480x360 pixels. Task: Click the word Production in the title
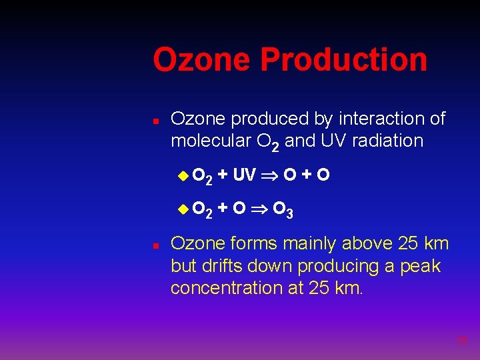tap(343, 59)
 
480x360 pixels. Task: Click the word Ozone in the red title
tap(202, 59)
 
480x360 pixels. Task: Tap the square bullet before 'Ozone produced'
tap(155, 122)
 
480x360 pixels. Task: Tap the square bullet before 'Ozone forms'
tap(155, 247)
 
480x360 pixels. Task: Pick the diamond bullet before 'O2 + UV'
tap(183, 175)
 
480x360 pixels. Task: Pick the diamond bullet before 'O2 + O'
tap(183, 210)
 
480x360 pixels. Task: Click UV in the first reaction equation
tap(244, 175)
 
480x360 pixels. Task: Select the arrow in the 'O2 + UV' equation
tap(270, 176)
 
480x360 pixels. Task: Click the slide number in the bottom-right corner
tap(462, 340)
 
